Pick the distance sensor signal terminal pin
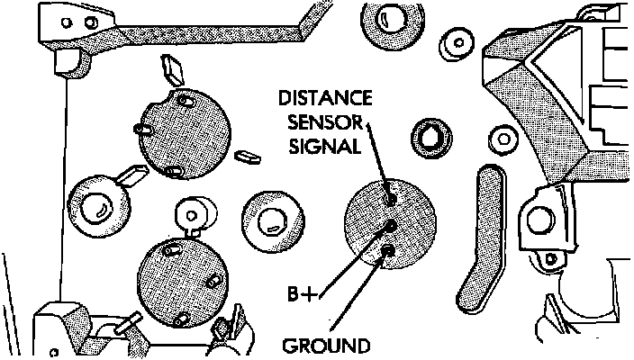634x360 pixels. [x=389, y=196]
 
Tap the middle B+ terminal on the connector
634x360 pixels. [x=389, y=225]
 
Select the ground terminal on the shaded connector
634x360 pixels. [x=387, y=250]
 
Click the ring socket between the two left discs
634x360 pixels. [x=95, y=205]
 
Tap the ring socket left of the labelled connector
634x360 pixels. [x=268, y=218]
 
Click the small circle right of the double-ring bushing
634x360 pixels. [x=500, y=140]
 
